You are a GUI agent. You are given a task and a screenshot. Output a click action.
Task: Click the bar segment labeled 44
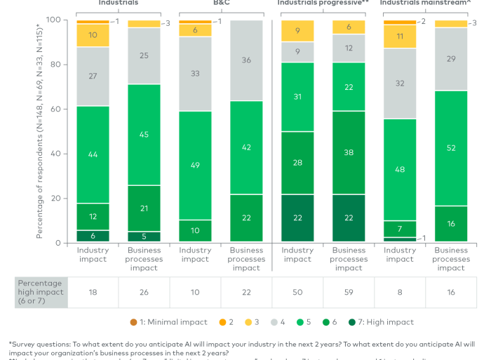pos(93,154)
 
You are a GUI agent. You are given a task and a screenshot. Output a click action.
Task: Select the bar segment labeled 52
pos(451,148)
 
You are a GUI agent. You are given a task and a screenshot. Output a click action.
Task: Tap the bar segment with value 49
pos(196,165)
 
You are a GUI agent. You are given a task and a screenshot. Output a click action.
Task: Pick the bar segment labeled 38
pos(349,152)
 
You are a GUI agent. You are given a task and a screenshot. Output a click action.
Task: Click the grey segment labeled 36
pos(246,60)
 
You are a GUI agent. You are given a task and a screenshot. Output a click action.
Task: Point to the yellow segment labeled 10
pos(93,35)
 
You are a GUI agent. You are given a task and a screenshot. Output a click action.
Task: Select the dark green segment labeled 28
pos(297,163)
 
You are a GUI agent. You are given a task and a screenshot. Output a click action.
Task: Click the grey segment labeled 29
pos(451,59)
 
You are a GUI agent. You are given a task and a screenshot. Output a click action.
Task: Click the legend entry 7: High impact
pos(384,322)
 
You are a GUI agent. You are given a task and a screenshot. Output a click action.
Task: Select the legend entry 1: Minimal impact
pos(172,322)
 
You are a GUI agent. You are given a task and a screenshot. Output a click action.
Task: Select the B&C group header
pos(221,3)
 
